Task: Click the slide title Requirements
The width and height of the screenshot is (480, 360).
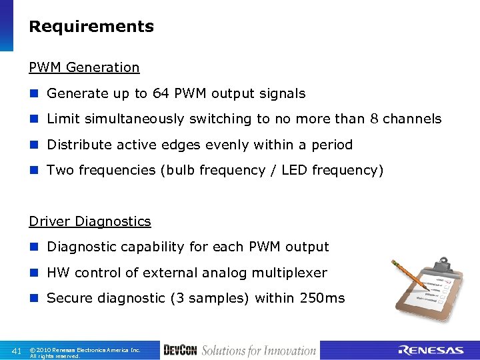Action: pos(91,27)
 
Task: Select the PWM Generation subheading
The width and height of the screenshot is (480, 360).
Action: pos(84,67)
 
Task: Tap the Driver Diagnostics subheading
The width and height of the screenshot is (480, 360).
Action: pos(89,221)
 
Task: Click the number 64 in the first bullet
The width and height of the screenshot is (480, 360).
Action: pos(161,94)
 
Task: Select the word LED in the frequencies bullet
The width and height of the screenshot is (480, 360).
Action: pos(294,171)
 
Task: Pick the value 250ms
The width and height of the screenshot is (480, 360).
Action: pos(322,299)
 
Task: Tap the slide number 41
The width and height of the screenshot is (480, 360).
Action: pos(17,351)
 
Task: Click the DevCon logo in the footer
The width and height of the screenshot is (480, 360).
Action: pos(179,351)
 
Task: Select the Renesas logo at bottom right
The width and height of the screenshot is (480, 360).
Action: pos(430,351)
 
